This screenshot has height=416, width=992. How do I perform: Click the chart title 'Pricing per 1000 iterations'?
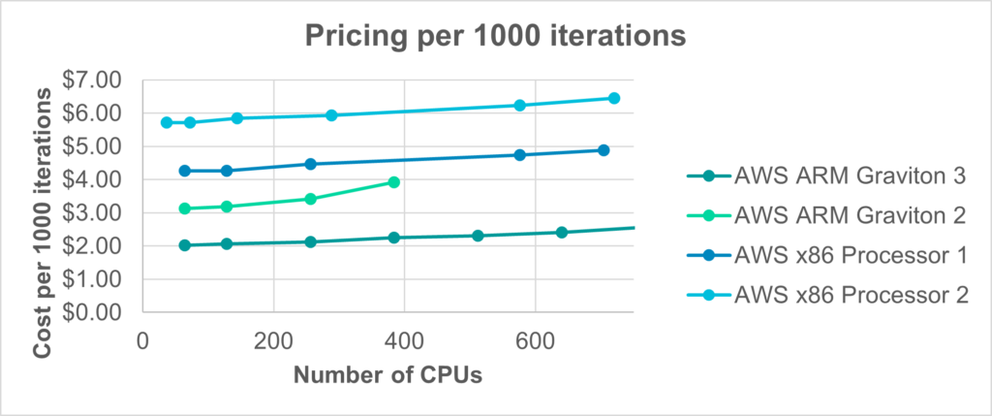pos(496,36)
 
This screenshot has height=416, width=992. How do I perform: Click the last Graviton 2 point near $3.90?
pos(393,181)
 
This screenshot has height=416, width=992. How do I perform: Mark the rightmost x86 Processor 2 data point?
pos(613,98)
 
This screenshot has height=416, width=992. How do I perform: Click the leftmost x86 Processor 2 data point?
pos(167,122)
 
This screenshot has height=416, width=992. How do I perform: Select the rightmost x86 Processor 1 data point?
pos(603,150)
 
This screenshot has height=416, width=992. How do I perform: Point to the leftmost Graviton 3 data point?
pos(185,245)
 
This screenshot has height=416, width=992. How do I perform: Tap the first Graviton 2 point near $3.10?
pos(185,208)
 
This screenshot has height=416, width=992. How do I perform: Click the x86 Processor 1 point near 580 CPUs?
pos(519,155)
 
